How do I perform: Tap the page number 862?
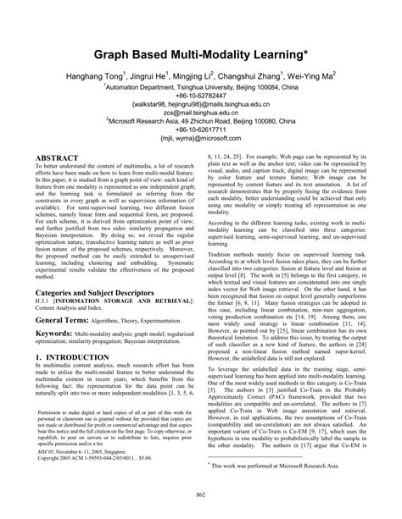[201, 494]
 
